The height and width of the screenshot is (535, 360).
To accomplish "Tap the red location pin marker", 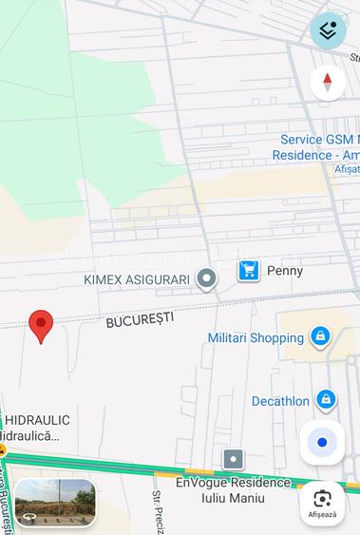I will pyautogui.click(x=41, y=325).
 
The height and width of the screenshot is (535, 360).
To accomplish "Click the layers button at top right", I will pyautogui.click(x=328, y=30).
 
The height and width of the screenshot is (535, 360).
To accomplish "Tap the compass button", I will pyautogui.click(x=328, y=83).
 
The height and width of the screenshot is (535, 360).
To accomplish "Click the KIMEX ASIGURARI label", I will pyautogui.click(x=137, y=279).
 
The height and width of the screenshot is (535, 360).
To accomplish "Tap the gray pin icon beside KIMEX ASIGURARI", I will pyautogui.click(x=206, y=278).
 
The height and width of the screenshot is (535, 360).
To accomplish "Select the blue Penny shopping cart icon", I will pyautogui.click(x=249, y=271).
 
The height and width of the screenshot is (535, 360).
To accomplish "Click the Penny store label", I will pyautogui.click(x=285, y=271).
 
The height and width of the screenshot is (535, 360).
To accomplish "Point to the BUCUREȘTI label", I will pyautogui.click(x=140, y=320).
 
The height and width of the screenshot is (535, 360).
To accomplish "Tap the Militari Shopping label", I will pyautogui.click(x=256, y=338).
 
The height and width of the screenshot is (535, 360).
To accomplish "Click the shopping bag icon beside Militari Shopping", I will pyautogui.click(x=320, y=336).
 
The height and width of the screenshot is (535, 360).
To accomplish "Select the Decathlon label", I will pyautogui.click(x=280, y=401).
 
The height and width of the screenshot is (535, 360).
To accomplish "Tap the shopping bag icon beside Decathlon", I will pyautogui.click(x=327, y=400).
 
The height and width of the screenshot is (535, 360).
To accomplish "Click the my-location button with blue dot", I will pyautogui.click(x=322, y=443).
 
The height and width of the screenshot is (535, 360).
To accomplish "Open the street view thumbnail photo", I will pyautogui.click(x=55, y=502).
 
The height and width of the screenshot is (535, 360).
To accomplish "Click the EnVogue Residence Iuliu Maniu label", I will pyautogui.click(x=233, y=488).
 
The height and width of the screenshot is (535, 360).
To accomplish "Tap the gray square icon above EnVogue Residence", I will pyautogui.click(x=234, y=460).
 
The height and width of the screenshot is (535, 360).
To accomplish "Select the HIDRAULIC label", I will pyautogui.click(x=38, y=420).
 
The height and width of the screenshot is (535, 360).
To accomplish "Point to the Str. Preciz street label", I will pyautogui.click(x=159, y=512).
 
